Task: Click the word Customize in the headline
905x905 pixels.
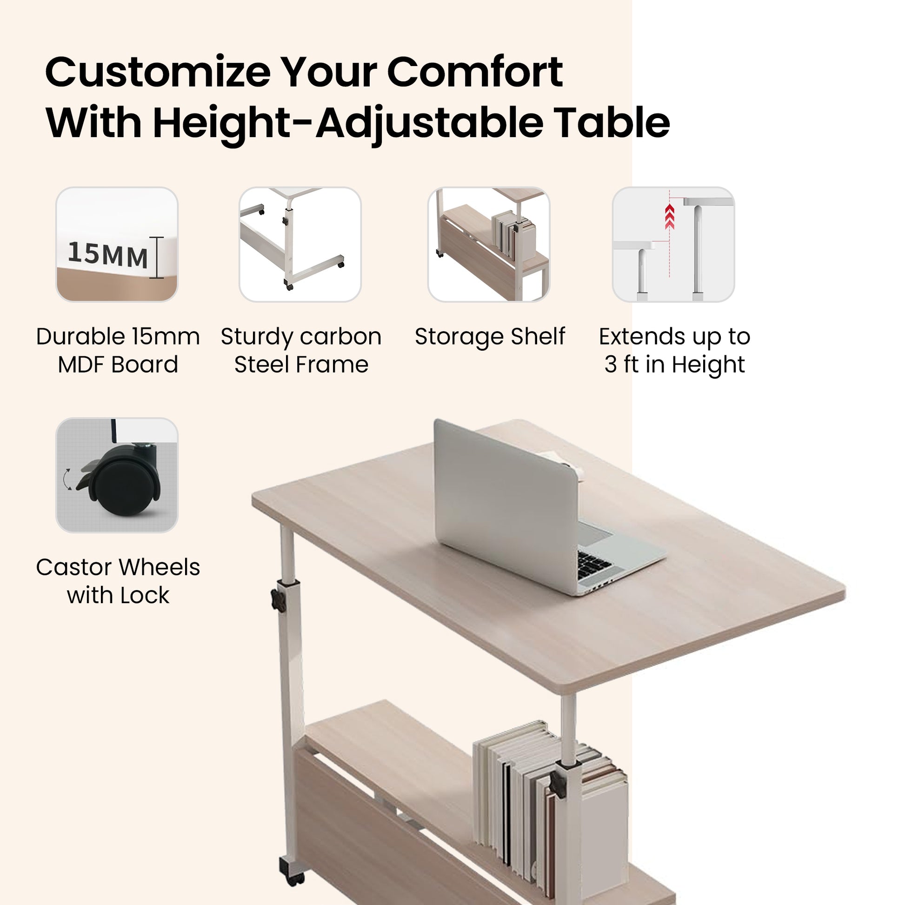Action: point(158,72)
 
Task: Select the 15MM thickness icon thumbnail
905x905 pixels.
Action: point(117,244)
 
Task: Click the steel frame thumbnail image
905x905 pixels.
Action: point(300,244)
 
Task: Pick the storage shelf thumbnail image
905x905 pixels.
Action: point(489,244)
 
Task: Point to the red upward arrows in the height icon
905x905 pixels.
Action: point(669,217)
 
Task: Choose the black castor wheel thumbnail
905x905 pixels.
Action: point(117,475)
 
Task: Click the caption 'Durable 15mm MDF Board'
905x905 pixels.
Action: point(118,350)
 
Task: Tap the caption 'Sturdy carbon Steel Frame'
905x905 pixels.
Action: point(301,350)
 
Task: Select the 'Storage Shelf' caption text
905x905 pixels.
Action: point(490,336)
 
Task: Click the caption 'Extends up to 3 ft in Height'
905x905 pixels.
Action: point(674,350)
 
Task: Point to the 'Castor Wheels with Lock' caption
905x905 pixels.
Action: point(118,581)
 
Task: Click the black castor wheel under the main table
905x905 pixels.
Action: point(291,870)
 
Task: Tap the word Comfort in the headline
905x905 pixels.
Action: point(475,72)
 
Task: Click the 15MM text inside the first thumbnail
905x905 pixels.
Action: point(108,255)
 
